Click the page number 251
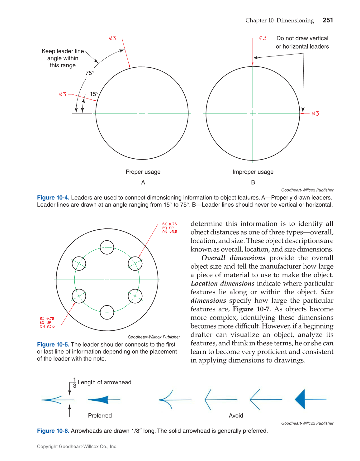pos(328,20)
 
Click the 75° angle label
pos(90,73)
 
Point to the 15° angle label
pos(94,94)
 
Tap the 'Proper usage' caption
pos(143,172)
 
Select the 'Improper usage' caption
pos(253,172)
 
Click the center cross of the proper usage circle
pos(142,113)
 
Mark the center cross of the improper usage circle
pos(253,113)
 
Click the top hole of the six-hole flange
pos(107,247)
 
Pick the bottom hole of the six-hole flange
pos(107,312)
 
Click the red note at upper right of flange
pos(169,228)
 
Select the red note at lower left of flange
pos(47,323)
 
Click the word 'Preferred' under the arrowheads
pos(100,415)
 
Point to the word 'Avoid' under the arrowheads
pos(236,415)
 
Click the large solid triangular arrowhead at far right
pos(300,399)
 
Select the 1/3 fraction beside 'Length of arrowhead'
pos(74,382)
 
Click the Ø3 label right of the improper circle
pos(315,113)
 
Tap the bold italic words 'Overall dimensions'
pos(233,258)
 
